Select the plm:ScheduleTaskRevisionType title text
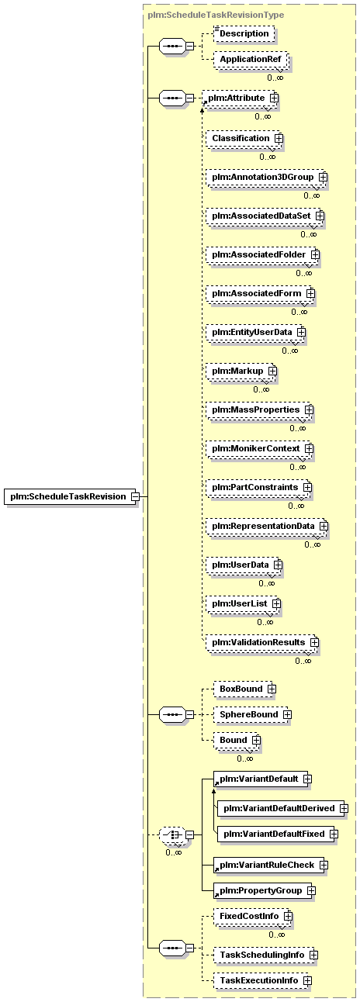(216, 15)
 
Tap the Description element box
(244, 33)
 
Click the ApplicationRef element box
(251, 59)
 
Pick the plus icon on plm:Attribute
(274, 98)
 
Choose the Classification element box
(244, 138)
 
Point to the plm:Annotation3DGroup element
(266, 177)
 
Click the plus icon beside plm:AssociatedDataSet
(320, 216)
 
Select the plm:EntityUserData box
(256, 333)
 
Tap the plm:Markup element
(241, 371)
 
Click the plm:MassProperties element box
(260, 409)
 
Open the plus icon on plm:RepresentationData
(324, 526)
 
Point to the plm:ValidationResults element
(262, 642)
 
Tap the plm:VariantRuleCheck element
(271, 865)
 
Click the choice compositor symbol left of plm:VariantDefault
(173, 834)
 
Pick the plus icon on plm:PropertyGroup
(311, 890)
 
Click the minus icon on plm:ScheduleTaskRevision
(135, 496)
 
